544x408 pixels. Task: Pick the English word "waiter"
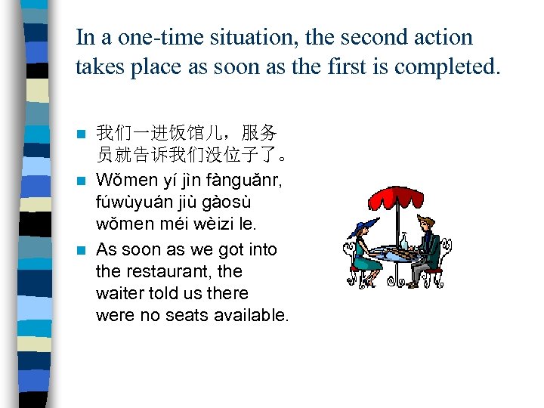coord(119,292)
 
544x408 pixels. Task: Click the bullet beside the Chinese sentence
coord(82,134)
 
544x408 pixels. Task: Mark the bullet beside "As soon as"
coord(82,249)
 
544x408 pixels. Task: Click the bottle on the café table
coord(404,241)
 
